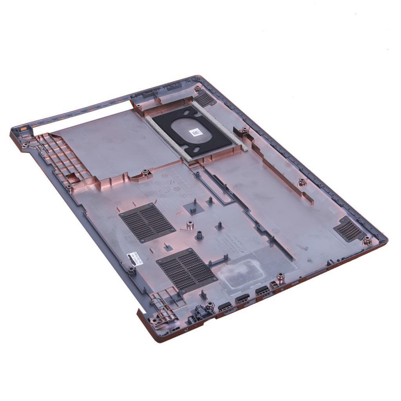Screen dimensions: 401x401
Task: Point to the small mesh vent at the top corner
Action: [x=205, y=98]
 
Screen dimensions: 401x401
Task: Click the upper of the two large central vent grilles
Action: [x=147, y=222]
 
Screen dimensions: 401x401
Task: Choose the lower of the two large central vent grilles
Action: [x=186, y=269]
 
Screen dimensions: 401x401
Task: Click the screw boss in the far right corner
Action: [x=367, y=240]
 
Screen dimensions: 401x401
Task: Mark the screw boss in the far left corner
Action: [x=25, y=145]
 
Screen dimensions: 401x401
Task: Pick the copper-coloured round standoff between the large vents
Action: [x=190, y=224]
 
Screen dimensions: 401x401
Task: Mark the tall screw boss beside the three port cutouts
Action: [x=280, y=279]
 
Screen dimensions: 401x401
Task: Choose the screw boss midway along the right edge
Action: [x=302, y=182]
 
